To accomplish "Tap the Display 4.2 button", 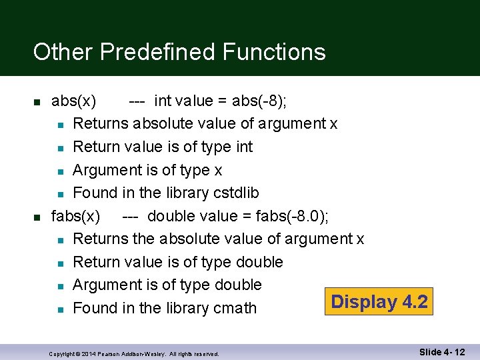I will point(379,302).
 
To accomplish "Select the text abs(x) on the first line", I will point(73,101).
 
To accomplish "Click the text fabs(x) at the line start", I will point(76,216).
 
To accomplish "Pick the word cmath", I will point(234,308).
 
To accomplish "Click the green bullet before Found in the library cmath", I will point(60,309).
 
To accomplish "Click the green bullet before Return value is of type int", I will point(60,147).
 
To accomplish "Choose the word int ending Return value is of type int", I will point(244,147).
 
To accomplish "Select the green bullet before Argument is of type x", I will point(60,171).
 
